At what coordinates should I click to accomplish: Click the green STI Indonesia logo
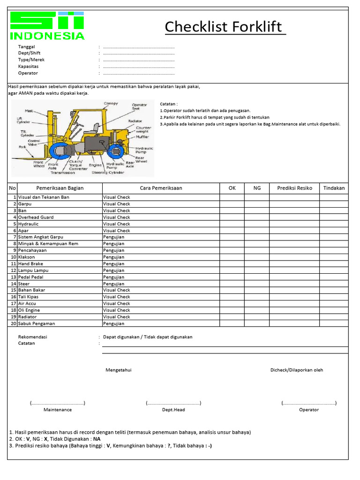[x=47, y=26]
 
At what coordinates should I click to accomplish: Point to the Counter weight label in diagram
[x=143, y=129]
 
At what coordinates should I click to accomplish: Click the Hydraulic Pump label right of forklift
[x=144, y=150]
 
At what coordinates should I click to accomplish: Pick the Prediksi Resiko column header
[x=294, y=188]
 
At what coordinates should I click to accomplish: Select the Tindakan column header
[x=334, y=188]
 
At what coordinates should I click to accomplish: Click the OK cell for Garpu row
[x=232, y=204]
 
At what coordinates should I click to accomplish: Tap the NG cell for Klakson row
[x=256, y=257]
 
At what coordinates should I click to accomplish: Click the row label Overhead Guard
[x=36, y=217]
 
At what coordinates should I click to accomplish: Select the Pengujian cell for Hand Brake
[x=114, y=264]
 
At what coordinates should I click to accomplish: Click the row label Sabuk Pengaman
[x=37, y=323]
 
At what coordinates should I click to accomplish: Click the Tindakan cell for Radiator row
[x=334, y=317]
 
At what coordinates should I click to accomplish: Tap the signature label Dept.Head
[x=173, y=410]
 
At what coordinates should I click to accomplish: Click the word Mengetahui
[x=119, y=370]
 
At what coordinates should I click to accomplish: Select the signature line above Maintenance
[x=58, y=403]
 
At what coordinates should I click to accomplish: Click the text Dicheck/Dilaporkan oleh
[x=296, y=370]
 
